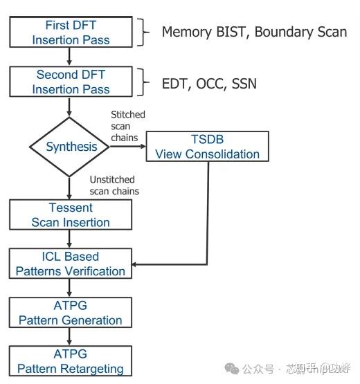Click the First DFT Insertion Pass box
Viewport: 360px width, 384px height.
coord(70,32)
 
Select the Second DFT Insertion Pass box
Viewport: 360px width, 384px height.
coord(70,82)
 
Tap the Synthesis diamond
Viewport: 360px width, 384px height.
coord(70,147)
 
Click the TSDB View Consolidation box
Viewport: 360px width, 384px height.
coord(208,147)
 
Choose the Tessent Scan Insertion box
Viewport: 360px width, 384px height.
coord(70,215)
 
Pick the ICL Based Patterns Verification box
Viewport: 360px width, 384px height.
coord(70,264)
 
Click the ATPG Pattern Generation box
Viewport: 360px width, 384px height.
coord(70,313)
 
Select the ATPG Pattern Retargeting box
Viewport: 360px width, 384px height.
coord(70,361)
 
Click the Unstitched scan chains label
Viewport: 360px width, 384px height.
coord(114,185)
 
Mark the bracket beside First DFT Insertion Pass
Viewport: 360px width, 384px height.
coord(145,32)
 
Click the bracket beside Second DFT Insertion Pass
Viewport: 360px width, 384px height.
coord(145,82)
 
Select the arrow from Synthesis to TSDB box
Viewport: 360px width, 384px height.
coord(128,147)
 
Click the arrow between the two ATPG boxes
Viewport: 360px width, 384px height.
coord(70,337)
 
